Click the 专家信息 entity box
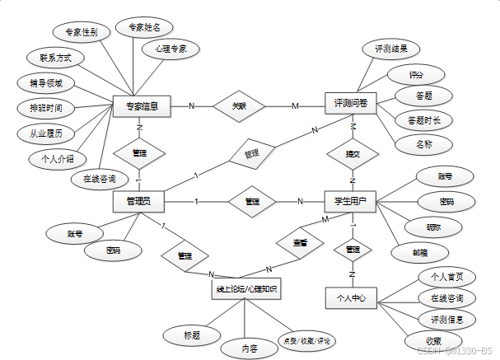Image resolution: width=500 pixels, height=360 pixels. point(141,105)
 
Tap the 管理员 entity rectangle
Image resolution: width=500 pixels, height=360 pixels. point(138,201)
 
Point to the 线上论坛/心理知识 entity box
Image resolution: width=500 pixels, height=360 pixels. point(245,289)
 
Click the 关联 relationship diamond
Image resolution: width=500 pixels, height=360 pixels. point(239,105)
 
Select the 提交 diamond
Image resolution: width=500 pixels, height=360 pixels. point(352,154)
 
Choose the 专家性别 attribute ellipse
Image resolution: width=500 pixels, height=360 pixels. point(82,33)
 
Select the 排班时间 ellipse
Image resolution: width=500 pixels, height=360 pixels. point(46,107)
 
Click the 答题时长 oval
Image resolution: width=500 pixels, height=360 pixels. point(423,120)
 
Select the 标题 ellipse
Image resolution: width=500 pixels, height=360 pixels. point(191,334)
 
